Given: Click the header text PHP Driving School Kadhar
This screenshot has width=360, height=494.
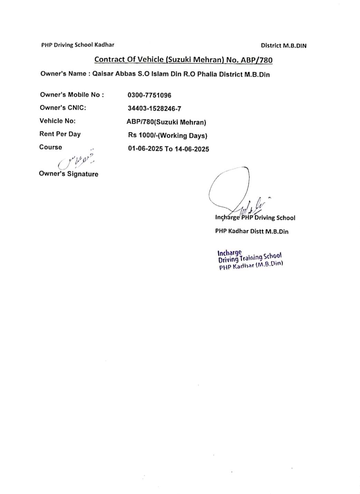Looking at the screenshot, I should (x=78, y=45).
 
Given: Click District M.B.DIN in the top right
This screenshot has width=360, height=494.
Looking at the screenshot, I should (x=283, y=46).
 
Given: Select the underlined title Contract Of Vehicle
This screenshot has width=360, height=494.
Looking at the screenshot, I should (x=183, y=60).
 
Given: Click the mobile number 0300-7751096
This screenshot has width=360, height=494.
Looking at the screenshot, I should (x=149, y=95).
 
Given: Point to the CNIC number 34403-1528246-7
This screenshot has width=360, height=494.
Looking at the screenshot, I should (x=154, y=108).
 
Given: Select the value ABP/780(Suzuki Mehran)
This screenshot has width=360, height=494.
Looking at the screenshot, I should (x=166, y=122).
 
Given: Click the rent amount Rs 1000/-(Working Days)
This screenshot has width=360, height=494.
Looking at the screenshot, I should (x=168, y=136).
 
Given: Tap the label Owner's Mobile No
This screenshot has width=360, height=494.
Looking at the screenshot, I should (x=72, y=95).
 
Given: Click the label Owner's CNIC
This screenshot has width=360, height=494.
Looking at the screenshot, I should (x=63, y=108).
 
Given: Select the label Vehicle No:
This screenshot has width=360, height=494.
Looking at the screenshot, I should (x=57, y=121).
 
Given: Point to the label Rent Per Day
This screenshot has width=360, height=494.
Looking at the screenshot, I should (x=60, y=134).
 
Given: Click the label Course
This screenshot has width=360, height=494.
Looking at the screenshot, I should (x=50, y=147).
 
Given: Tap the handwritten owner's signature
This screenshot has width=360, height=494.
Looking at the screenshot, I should (x=77, y=159).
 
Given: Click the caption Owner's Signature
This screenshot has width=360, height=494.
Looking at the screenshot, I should (x=68, y=174).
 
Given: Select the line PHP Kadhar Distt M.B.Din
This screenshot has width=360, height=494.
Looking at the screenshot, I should (x=252, y=231).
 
